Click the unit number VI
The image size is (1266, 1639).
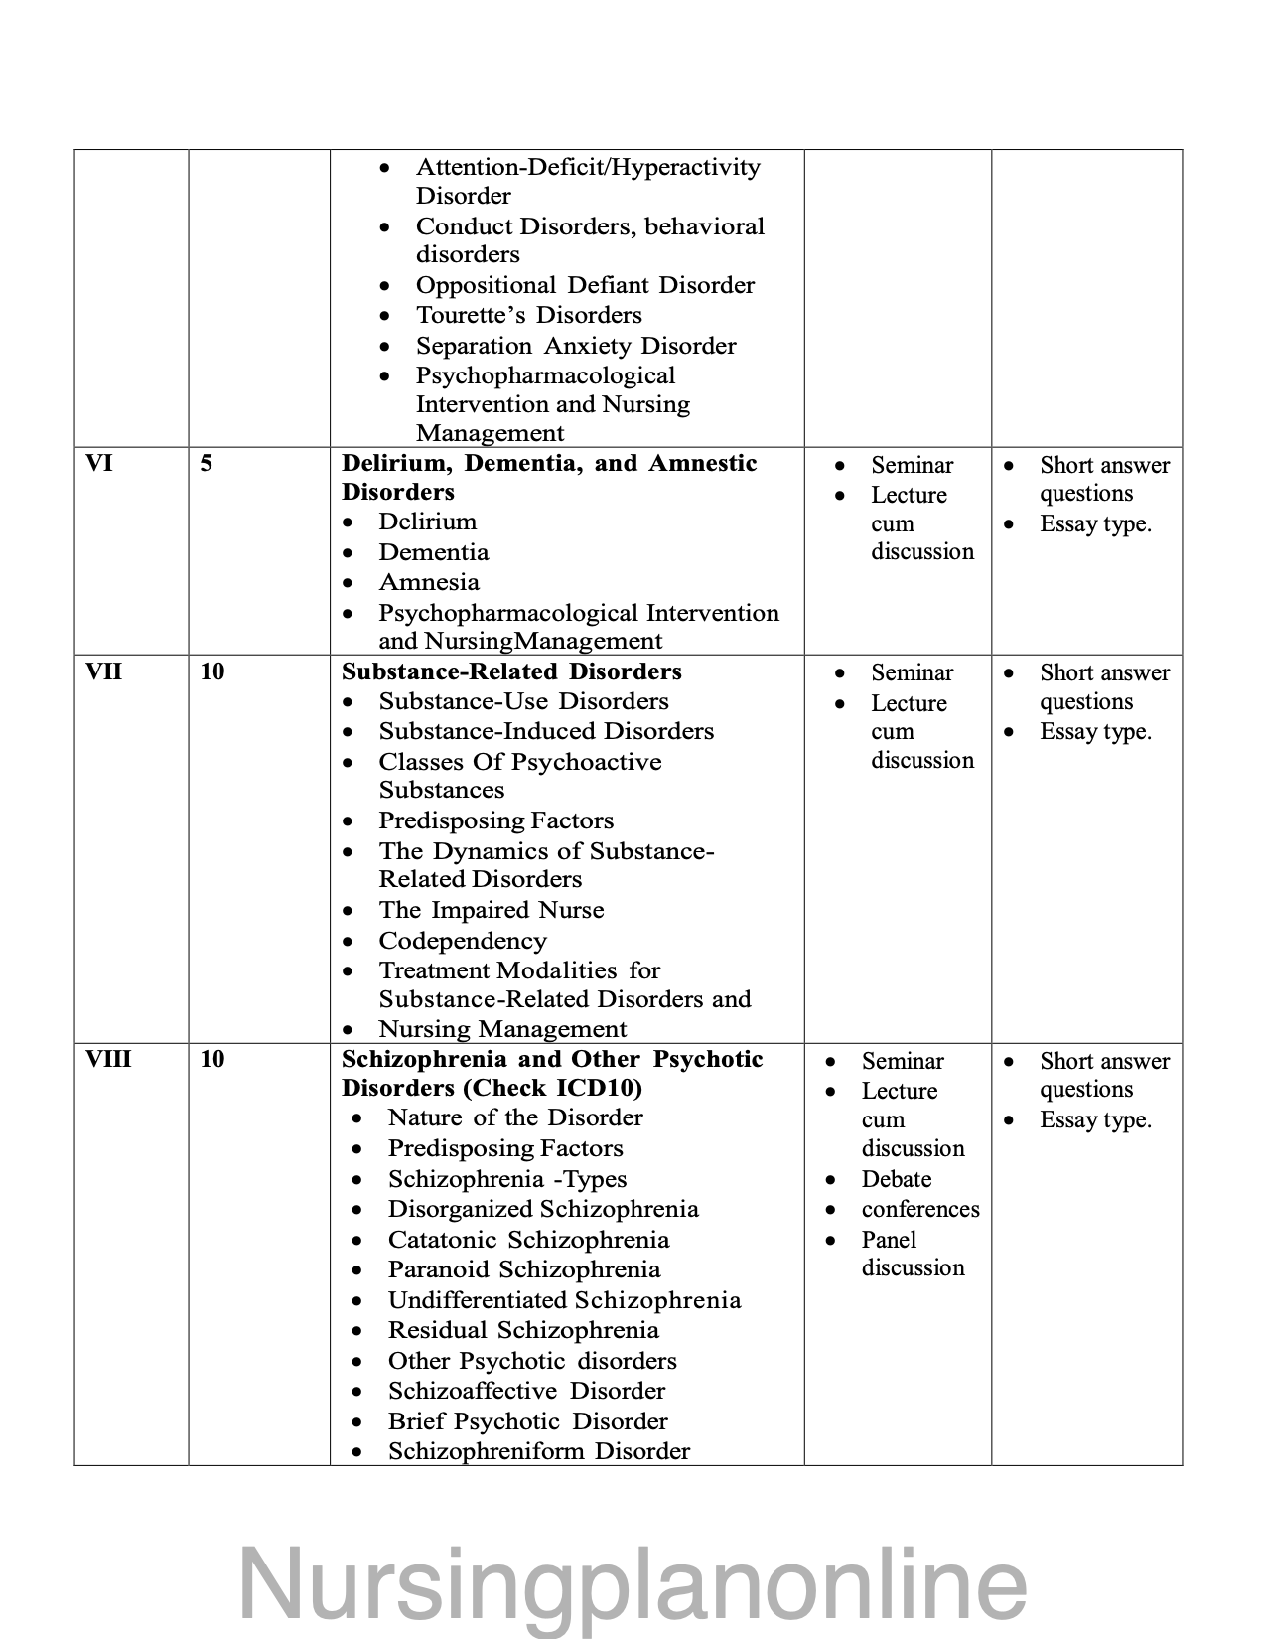tap(99, 464)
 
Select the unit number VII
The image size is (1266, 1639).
tap(103, 671)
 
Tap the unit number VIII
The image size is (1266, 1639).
tap(107, 1059)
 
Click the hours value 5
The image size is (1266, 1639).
tap(206, 464)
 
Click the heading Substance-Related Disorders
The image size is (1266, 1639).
tap(511, 671)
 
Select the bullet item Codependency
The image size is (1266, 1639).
tap(462, 941)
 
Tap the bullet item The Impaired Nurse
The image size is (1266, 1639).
tap(491, 910)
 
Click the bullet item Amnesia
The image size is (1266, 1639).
tap(429, 582)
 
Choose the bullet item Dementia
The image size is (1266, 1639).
tap(433, 552)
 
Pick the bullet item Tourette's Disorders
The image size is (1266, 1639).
tap(528, 315)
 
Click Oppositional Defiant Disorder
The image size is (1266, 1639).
tap(585, 285)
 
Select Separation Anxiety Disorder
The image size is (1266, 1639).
tap(576, 346)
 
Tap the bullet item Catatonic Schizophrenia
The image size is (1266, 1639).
tap(528, 1240)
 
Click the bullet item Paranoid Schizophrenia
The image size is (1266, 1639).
tap(523, 1269)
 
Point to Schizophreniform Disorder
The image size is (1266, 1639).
tap(538, 1451)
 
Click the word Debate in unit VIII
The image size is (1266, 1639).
tap(896, 1179)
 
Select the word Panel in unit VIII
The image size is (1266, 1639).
tap(889, 1240)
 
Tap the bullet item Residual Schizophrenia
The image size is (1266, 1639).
tap(523, 1330)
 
